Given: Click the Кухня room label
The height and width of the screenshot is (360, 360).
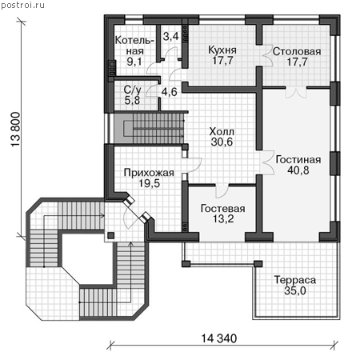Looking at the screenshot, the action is click(222, 50).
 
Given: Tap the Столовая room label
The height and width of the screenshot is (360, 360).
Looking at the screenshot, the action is click(297, 51).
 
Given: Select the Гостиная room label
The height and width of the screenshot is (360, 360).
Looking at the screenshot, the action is click(298, 160).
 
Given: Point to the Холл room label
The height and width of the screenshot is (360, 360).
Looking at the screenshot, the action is click(222, 131).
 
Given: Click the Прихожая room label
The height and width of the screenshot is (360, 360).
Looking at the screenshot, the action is click(149, 173).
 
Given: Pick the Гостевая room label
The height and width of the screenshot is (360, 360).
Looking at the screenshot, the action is click(222, 209).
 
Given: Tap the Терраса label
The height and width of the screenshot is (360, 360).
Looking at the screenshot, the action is click(295, 280).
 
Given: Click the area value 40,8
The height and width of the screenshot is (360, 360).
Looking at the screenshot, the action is click(298, 170).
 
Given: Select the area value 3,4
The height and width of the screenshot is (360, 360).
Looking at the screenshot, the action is click(170, 36).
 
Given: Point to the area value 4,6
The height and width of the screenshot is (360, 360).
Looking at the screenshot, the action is click(169, 92).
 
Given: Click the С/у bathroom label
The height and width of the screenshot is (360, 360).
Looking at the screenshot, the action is click(132, 90).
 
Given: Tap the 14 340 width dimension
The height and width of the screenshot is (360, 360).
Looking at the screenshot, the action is click(218, 338).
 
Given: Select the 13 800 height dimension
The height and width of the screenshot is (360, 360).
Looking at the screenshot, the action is click(16, 129).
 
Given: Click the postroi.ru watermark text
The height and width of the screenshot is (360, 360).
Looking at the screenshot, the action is click(22, 5).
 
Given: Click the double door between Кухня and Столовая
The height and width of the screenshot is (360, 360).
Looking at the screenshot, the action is click(267, 55).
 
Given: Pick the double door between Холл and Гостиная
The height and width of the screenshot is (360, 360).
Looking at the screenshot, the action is click(268, 162).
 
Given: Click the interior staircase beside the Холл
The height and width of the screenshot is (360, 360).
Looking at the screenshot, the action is click(150, 129).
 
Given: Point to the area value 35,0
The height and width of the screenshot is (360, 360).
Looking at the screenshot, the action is click(295, 290).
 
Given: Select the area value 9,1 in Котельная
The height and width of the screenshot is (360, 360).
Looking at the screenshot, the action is click(134, 62).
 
